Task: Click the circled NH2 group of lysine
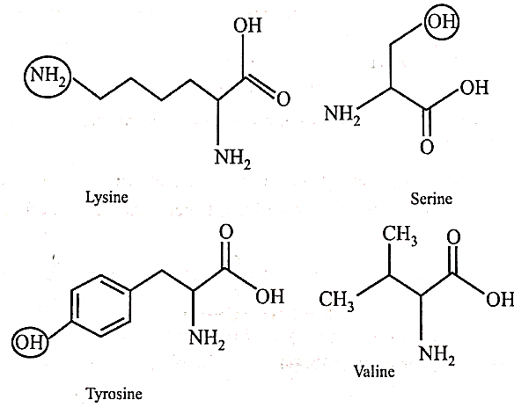tap(48, 76)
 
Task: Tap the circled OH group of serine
tap(442, 22)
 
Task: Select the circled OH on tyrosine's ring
tap(30, 343)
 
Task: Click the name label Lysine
tap(106, 198)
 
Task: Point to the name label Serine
tap(431, 199)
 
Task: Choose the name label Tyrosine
tap(114, 394)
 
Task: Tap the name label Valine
tap(374, 371)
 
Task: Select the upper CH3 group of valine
tap(400, 235)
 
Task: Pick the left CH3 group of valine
tap(337, 300)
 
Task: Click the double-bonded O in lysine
tap(283, 98)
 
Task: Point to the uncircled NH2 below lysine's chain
tap(232, 158)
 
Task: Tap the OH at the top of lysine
tap(248, 25)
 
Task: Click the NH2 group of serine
tap(342, 114)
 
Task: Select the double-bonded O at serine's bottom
tap(427, 147)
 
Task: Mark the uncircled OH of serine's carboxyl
tap(474, 87)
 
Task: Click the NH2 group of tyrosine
tap(207, 338)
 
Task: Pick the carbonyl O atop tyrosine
tap(226, 232)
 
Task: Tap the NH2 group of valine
tap(437, 354)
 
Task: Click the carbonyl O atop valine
tap(453, 237)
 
